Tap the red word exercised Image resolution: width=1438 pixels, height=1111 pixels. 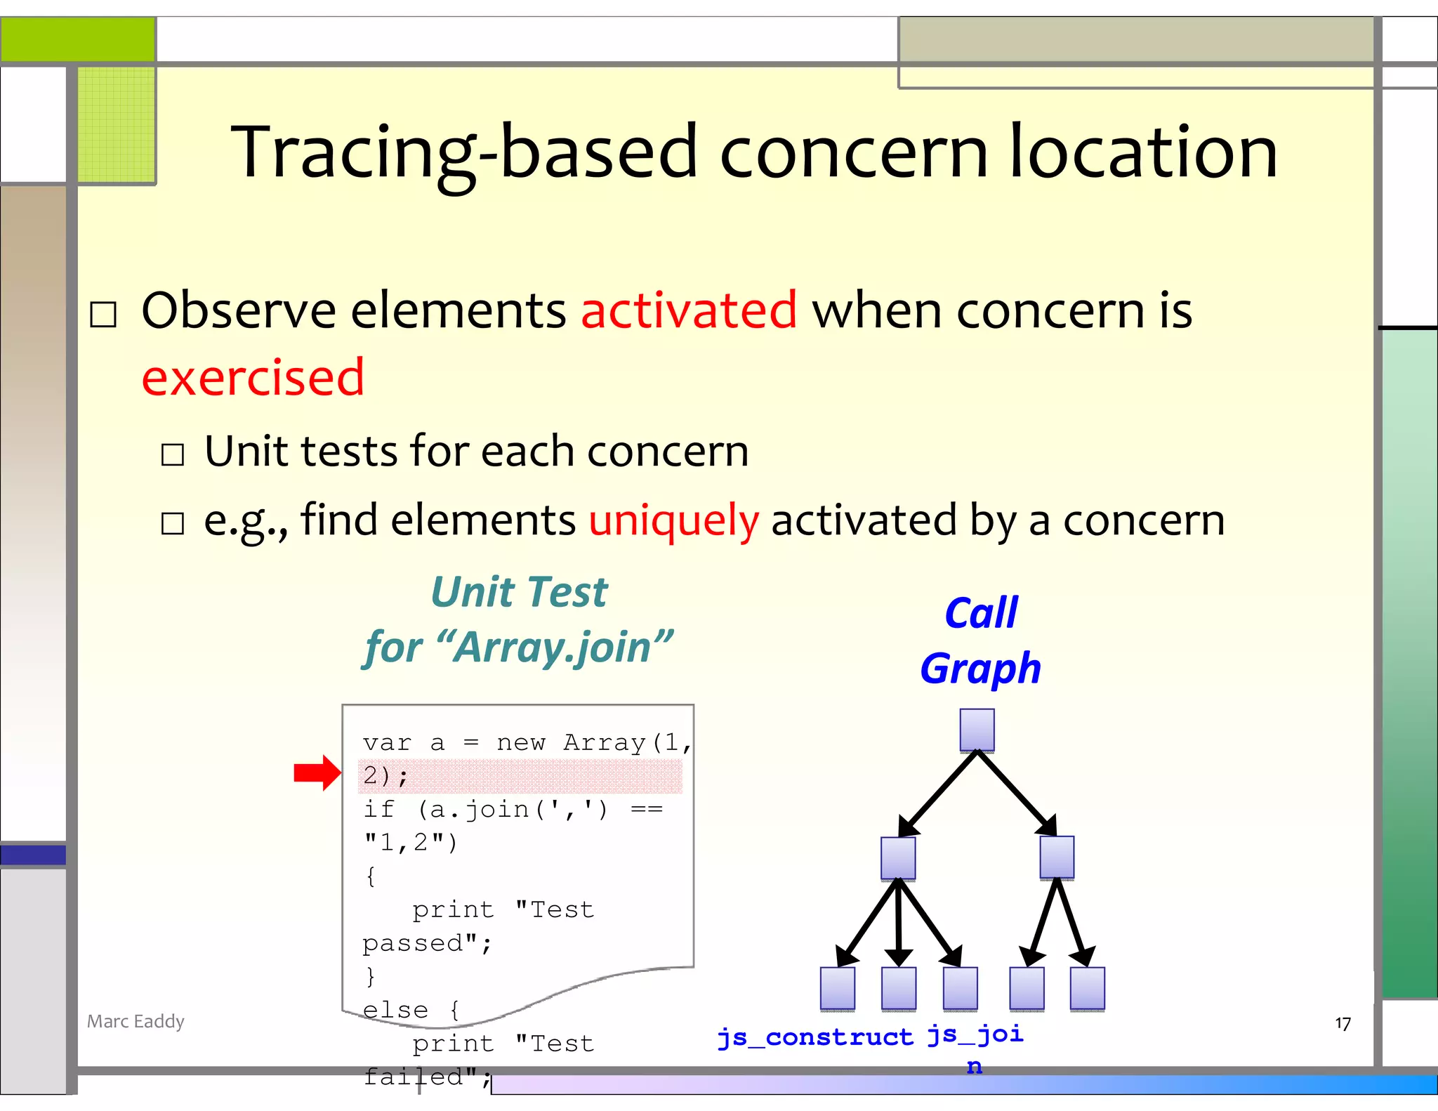(253, 377)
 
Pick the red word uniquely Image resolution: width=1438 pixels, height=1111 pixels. (673, 520)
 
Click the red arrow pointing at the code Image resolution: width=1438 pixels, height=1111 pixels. (317, 773)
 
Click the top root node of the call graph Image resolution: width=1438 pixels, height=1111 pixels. (977, 730)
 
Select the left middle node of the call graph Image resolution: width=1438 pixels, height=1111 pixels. (898, 857)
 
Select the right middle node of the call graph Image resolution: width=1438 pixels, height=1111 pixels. (1057, 857)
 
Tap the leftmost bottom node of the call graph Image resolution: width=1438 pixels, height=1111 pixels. (838, 988)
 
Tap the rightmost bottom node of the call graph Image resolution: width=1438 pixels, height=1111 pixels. (1087, 988)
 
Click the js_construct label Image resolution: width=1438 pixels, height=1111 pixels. (814, 1037)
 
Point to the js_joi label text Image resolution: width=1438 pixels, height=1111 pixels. (975, 1034)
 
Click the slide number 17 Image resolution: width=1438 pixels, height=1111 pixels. (1343, 1024)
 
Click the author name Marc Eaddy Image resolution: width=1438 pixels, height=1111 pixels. (136, 1021)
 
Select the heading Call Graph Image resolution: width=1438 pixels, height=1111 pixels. (980, 640)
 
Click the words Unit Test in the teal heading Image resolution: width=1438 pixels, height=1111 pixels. (519, 592)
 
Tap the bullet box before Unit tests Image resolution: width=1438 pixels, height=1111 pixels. (173, 454)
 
